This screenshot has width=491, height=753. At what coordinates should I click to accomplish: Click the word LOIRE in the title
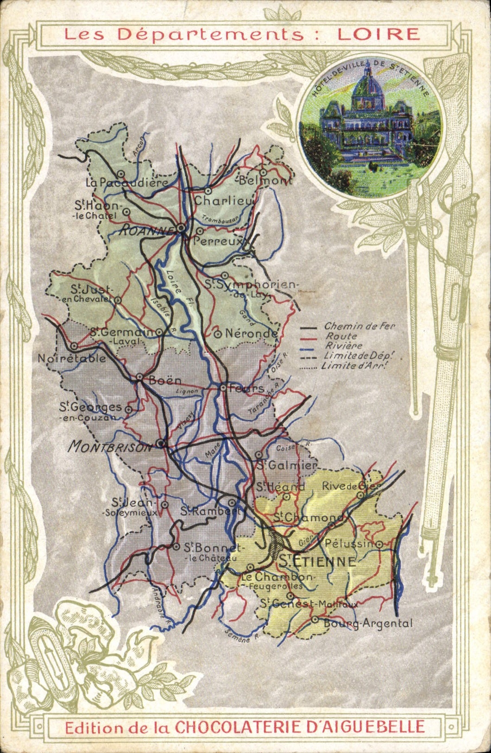[x=378, y=34]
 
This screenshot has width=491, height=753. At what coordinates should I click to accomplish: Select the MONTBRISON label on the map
[x=110, y=446]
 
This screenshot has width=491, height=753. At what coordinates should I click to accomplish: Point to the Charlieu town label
[x=224, y=201]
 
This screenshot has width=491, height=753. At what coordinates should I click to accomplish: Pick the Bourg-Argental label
[x=368, y=623]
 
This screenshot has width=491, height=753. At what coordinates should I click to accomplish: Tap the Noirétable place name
[x=71, y=358]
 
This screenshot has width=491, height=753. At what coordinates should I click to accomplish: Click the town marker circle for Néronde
[x=217, y=333]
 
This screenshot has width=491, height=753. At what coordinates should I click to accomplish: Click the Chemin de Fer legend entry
[x=359, y=326]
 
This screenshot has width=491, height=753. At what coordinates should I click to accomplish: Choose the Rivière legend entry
[x=343, y=345]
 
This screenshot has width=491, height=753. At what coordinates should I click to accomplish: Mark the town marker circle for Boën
[x=139, y=377]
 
